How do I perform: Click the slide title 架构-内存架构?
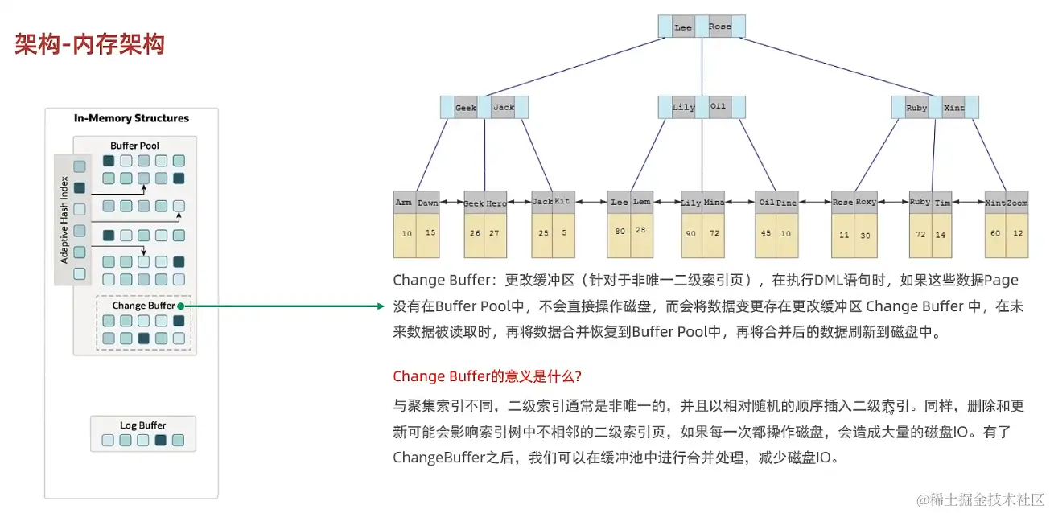pos(89,44)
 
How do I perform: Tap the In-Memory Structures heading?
pos(131,118)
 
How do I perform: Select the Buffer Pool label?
pos(134,146)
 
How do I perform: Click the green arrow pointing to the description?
pos(282,306)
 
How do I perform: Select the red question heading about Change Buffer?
pos(487,376)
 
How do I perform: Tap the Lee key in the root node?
pos(683,27)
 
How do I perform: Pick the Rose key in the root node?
pos(720,27)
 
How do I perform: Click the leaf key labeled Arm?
pos(404,203)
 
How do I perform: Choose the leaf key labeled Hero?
pos(496,203)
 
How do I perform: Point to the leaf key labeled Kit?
pos(562,203)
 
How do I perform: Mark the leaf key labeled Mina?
pos(714,203)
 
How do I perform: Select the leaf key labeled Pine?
pos(786,203)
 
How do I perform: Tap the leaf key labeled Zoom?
pos(1017,203)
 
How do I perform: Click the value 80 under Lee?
pos(620,232)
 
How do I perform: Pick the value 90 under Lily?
pos(690,234)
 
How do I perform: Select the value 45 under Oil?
pos(765,234)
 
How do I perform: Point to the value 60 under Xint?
pos(995,233)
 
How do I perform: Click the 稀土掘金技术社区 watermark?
pos(982,498)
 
